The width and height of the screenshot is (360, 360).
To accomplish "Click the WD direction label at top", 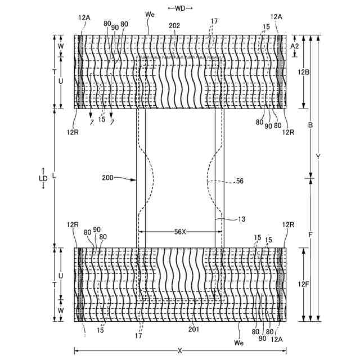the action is pyautogui.click(x=180, y=8).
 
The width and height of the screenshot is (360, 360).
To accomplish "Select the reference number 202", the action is pyautogui.click(x=175, y=25).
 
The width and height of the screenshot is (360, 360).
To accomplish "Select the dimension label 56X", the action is pyautogui.click(x=180, y=231).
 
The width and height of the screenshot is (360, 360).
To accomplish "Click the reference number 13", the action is pyautogui.click(x=226, y=219).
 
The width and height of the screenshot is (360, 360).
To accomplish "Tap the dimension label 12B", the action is pyautogui.click(x=304, y=73).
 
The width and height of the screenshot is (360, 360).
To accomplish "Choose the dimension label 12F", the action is pyautogui.click(x=304, y=285).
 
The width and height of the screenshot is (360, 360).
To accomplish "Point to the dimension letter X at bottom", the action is pyautogui.click(x=180, y=350).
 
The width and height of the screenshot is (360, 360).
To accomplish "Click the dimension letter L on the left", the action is pyautogui.click(x=55, y=175).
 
